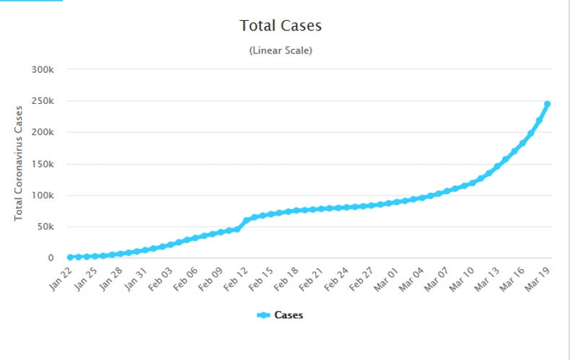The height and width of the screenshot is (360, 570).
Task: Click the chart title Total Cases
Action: click(x=280, y=26)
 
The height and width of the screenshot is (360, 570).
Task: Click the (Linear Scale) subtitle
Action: click(x=280, y=51)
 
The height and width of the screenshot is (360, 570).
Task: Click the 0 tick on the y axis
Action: click(x=51, y=258)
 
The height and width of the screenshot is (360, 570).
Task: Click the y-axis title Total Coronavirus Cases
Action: click(x=19, y=163)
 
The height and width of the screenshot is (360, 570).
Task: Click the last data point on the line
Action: click(x=547, y=105)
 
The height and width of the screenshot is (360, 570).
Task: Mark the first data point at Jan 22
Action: click(x=70, y=257)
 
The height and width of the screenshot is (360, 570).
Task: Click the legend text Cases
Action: click(x=289, y=315)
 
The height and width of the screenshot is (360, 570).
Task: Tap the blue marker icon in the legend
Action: click(x=263, y=315)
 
